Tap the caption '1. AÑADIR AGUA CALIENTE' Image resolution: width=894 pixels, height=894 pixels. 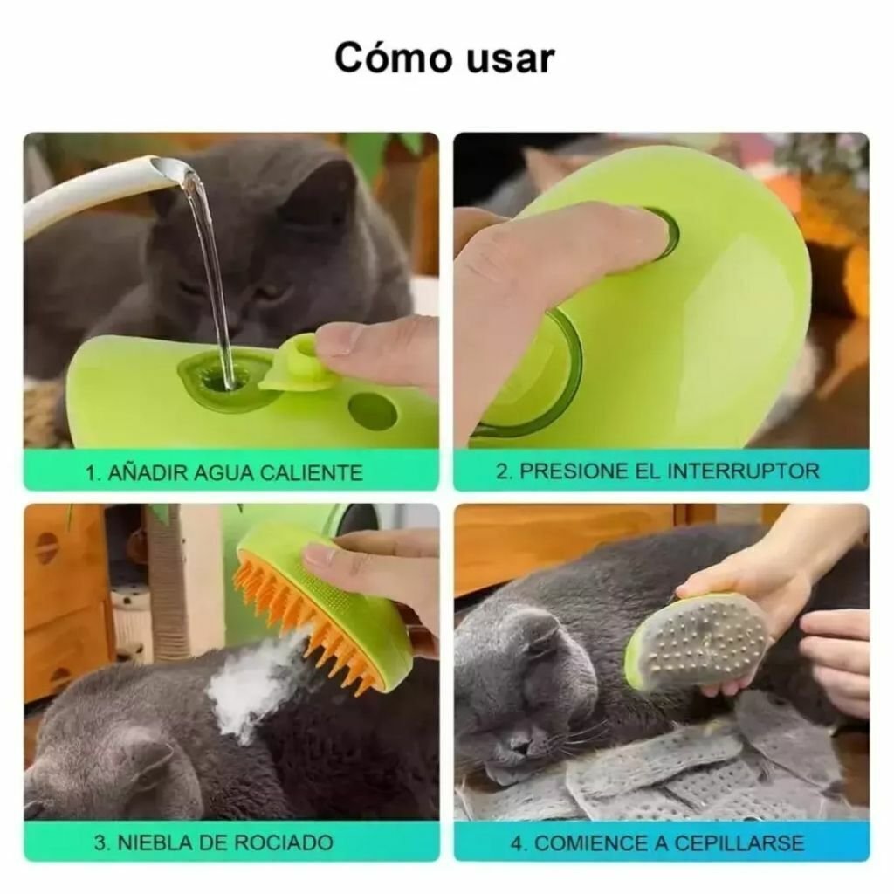pyautogui.click(x=223, y=472)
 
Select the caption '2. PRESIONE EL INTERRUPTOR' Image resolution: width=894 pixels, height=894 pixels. pyautogui.click(x=657, y=471)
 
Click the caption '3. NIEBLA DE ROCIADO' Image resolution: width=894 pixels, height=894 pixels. pyautogui.click(x=213, y=842)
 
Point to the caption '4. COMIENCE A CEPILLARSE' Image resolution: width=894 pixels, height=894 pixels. pyautogui.click(x=657, y=843)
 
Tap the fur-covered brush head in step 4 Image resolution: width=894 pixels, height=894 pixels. pyautogui.click(x=698, y=642)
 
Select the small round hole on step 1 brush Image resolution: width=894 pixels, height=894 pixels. pyautogui.click(x=373, y=410)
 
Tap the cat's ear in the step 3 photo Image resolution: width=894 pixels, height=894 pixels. pyautogui.click(x=144, y=760)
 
